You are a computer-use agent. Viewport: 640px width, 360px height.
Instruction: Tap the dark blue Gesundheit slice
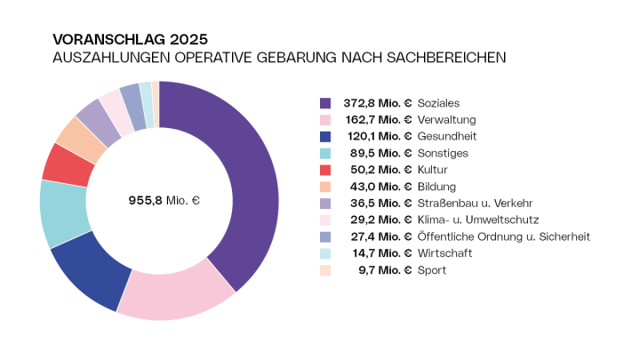click(89, 272)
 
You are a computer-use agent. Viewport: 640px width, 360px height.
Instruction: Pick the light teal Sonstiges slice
click(63, 213)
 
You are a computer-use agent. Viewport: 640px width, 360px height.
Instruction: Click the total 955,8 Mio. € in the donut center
click(159, 200)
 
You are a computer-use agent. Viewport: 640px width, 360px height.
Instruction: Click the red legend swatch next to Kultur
click(325, 170)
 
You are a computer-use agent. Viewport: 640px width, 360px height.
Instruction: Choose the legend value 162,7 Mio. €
click(378, 120)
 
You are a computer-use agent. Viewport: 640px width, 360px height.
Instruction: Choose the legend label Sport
click(434, 270)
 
